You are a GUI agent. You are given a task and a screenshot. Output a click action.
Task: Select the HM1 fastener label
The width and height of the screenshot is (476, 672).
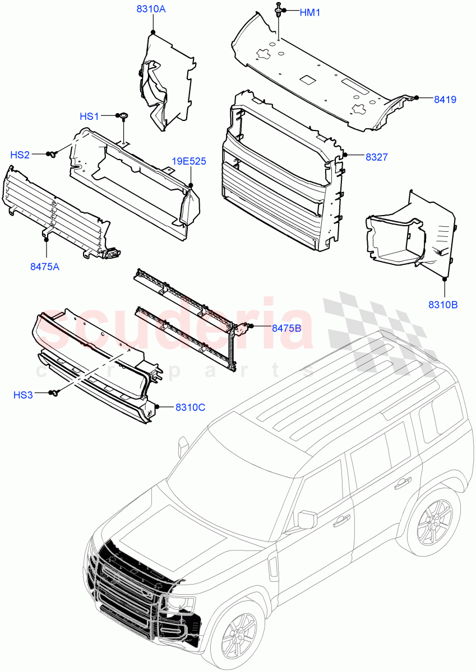coord(310,12)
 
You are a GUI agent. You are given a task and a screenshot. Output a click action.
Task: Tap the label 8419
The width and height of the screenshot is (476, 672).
coord(445,100)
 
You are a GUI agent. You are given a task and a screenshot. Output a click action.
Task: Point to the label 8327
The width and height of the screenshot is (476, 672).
coord(377,157)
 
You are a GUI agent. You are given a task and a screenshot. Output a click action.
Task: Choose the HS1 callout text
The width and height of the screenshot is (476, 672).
coord(89,116)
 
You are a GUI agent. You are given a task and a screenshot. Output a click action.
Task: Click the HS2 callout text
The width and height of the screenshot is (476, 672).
coord(20,155)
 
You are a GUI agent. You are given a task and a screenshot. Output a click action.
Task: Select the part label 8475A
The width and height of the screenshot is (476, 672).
coord(45,267)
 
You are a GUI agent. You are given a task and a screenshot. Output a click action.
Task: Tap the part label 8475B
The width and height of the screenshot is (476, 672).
coord(286,328)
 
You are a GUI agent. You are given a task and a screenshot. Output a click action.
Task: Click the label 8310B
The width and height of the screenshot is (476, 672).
coord(443,305)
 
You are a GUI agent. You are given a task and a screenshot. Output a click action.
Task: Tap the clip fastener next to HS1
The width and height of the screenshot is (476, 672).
coord(121,116)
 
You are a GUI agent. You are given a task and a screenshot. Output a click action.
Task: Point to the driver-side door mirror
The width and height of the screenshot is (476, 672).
coord(307,519)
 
